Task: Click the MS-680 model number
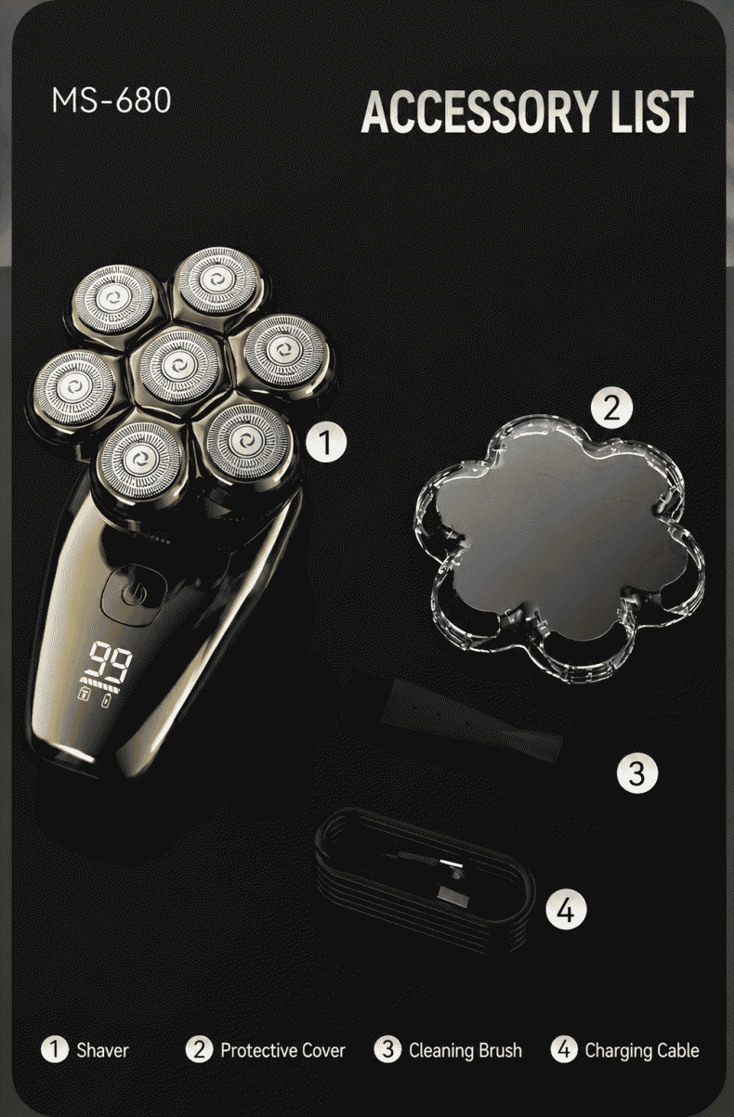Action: (x=111, y=100)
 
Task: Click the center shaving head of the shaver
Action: (x=176, y=366)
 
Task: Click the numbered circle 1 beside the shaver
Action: (x=326, y=441)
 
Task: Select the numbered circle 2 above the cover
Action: (x=611, y=409)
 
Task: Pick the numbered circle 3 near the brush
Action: (x=637, y=773)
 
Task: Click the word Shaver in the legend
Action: (x=102, y=1049)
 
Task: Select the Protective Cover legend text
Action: (x=283, y=1049)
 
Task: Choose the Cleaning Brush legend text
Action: (x=465, y=1050)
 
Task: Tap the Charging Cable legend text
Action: (x=642, y=1050)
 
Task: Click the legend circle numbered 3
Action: (x=387, y=1049)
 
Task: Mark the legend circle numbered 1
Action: (x=55, y=1049)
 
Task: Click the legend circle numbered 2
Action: (x=199, y=1049)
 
